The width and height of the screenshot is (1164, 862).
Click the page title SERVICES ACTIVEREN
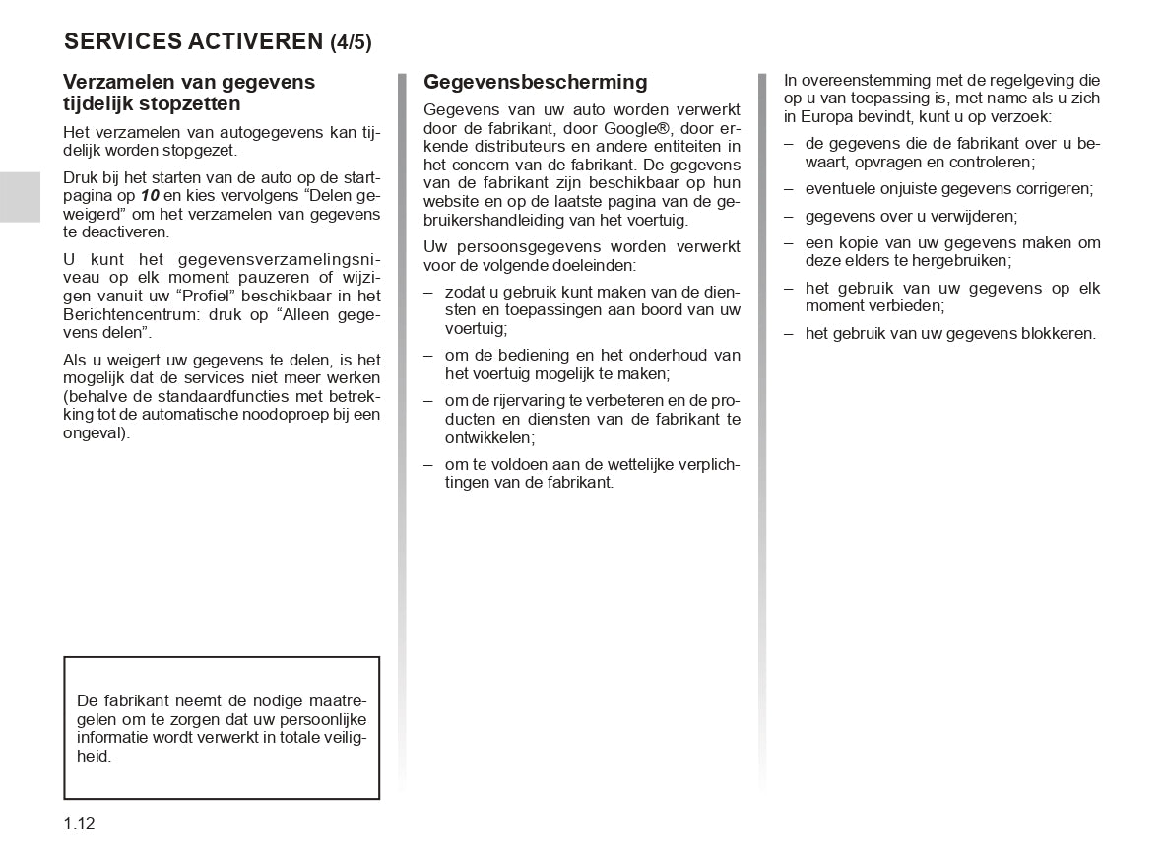pyautogui.click(x=192, y=41)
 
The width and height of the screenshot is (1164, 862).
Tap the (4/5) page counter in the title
pyautogui.click(x=351, y=42)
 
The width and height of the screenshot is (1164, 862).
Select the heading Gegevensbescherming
pyautogui.click(x=536, y=82)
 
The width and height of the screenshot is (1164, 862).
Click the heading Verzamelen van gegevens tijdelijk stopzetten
pyautogui.click(x=189, y=93)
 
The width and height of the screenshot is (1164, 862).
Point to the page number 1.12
pyautogui.click(x=79, y=824)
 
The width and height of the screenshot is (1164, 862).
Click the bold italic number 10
pyautogui.click(x=150, y=196)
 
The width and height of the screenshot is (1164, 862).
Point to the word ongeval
pyautogui.click(x=95, y=432)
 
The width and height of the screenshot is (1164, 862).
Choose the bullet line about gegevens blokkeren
pyautogui.click(x=950, y=333)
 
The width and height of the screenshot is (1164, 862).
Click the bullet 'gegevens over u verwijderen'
pyautogui.click(x=911, y=216)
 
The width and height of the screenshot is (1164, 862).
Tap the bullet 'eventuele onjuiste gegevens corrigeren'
pyautogui.click(x=949, y=188)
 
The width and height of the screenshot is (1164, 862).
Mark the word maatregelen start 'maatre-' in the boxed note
pyautogui.click(x=336, y=701)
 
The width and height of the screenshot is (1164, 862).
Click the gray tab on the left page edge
pyautogui.click(x=20, y=196)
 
